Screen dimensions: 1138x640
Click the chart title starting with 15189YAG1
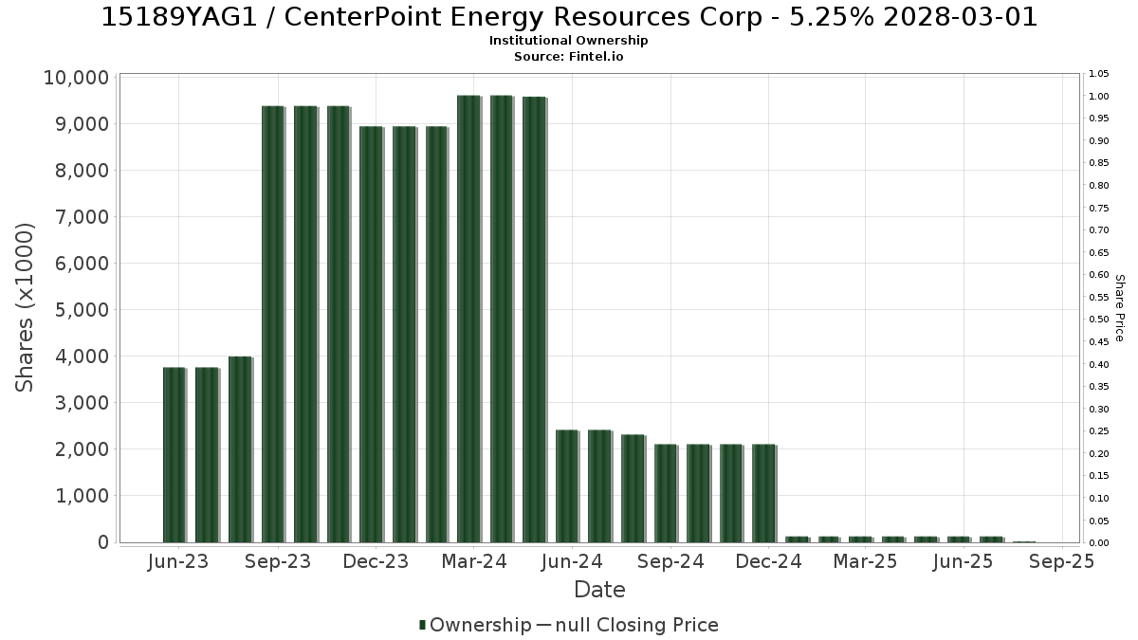pyautogui.click(x=569, y=17)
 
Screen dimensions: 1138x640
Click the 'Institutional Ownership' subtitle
pyautogui.click(x=568, y=41)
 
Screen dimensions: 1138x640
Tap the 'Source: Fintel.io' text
pyautogui.click(x=568, y=56)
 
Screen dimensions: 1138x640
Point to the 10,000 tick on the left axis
pyautogui.click(x=76, y=78)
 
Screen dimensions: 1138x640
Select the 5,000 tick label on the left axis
pyautogui.click(x=82, y=310)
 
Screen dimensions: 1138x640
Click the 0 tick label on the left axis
pyautogui.click(x=103, y=542)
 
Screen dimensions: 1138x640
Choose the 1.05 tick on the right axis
pyautogui.click(x=1099, y=74)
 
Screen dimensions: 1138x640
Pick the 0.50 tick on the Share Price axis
pyautogui.click(x=1099, y=320)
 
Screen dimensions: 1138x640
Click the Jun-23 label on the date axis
pyautogui.click(x=178, y=561)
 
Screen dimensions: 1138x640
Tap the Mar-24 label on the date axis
pyautogui.click(x=474, y=561)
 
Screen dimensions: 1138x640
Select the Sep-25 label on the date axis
pyautogui.click(x=1062, y=561)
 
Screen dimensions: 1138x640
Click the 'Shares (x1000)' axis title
pyautogui.click(x=25, y=308)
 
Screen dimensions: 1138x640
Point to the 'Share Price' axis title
pyautogui.click(x=1120, y=308)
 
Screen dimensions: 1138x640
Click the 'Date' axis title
pyautogui.click(x=599, y=590)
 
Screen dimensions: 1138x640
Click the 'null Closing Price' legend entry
pyautogui.click(x=636, y=625)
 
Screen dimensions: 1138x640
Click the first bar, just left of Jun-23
pyautogui.click(x=174, y=455)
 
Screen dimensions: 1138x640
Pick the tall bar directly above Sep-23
pyautogui.click(x=273, y=324)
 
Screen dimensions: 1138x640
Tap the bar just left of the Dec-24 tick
pyautogui.click(x=764, y=494)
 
